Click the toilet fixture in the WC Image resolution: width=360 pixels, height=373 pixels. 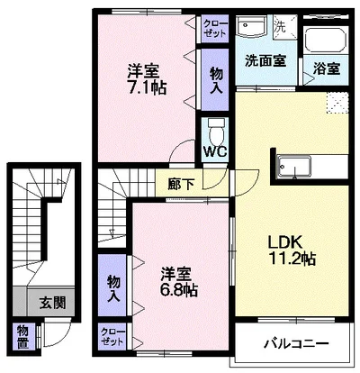[216, 132]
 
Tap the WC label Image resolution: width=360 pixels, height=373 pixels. [215, 152]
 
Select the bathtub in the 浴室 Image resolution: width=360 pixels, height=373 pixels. [326, 41]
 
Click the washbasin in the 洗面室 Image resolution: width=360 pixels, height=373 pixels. [251, 25]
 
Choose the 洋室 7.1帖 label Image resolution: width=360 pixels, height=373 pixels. [147, 78]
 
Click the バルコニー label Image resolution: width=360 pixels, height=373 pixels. [296, 343]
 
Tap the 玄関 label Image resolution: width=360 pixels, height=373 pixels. [53, 303]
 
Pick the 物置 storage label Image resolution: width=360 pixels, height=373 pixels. [22, 338]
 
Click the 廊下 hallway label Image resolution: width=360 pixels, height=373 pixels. [180, 184]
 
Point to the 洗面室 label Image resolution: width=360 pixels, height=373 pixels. [265, 61]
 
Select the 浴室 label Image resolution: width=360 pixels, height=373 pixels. [327, 68]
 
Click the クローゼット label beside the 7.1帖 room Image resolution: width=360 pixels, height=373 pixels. [215, 29]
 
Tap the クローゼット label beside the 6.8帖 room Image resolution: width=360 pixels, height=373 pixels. [112, 337]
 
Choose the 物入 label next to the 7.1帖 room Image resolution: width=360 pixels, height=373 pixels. [216, 80]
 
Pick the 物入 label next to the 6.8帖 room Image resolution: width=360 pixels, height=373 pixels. [113, 288]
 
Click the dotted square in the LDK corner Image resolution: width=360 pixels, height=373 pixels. [337, 103]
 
